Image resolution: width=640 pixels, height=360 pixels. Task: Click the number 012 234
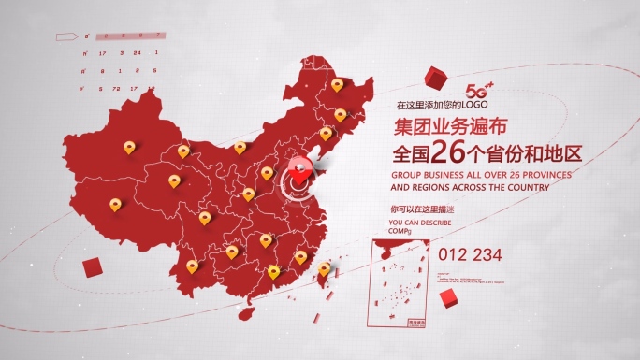pos(470,253)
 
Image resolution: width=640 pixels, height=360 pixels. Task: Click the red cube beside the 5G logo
pos(433,76)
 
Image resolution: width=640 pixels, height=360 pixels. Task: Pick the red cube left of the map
pos(92,268)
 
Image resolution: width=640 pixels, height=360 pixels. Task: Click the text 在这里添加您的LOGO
pos(429,105)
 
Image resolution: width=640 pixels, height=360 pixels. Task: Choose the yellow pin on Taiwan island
pos(324,268)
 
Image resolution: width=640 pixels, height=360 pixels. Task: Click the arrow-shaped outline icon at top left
pos(68,36)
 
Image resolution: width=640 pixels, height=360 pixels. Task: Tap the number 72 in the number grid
pos(116,88)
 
